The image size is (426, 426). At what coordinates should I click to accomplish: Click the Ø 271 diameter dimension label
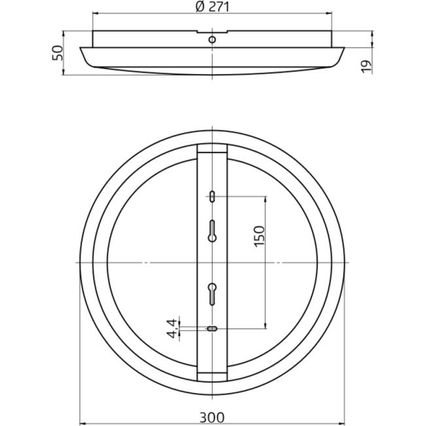212,7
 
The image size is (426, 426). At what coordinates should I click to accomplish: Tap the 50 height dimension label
58,53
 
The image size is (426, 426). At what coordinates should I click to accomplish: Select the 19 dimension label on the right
366,66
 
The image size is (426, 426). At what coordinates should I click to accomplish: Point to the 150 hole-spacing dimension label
259,236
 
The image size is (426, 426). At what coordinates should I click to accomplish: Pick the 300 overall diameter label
212,417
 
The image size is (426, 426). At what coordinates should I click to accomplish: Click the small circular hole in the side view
212,40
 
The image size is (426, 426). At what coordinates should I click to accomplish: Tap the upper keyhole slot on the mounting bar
212,231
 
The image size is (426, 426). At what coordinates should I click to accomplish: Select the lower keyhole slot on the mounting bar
212,294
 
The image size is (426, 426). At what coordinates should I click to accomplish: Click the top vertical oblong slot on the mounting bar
212,196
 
